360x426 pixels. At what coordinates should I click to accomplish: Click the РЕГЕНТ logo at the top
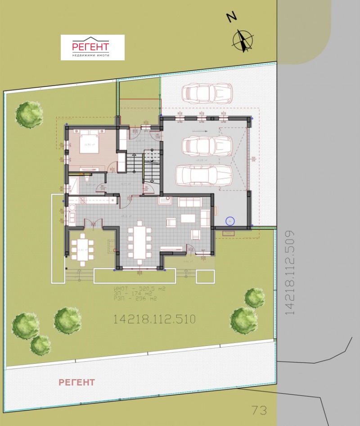click(92, 47)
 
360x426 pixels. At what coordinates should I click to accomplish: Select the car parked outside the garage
click(207, 93)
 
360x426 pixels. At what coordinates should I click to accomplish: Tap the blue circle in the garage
click(230, 221)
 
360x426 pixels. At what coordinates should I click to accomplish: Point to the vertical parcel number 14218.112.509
click(290, 272)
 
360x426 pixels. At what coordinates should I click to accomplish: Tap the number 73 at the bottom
click(259, 410)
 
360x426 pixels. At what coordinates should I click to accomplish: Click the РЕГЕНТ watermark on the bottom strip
click(77, 382)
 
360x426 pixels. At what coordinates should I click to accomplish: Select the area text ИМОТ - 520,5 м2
click(139, 289)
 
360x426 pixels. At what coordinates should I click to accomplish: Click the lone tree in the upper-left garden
click(29, 114)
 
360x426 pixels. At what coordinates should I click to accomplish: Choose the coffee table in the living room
click(189, 218)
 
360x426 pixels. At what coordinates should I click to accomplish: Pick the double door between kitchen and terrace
click(93, 223)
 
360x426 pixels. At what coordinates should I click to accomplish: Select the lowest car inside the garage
click(203, 176)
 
